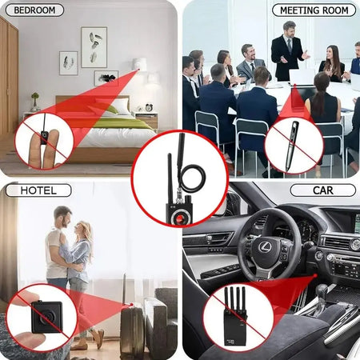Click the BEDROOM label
tap(34, 10)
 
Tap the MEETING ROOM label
tap(314, 10)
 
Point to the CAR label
tap(323, 190)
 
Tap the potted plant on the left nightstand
tap(34, 100)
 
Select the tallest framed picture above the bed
tap(93, 46)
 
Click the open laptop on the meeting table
tap(302, 78)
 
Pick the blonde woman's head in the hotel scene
tap(83, 232)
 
